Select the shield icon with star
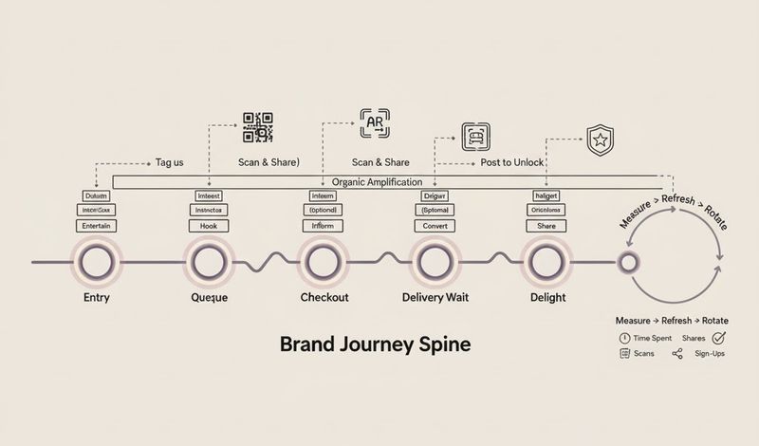(x=601, y=140)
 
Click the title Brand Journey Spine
(x=375, y=344)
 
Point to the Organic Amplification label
(x=379, y=181)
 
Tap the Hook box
(x=209, y=227)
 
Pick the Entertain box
(x=97, y=227)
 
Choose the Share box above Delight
(x=546, y=227)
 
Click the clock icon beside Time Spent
(x=624, y=338)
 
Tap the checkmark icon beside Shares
(x=718, y=337)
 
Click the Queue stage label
(x=210, y=297)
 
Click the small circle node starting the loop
(x=626, y=261)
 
